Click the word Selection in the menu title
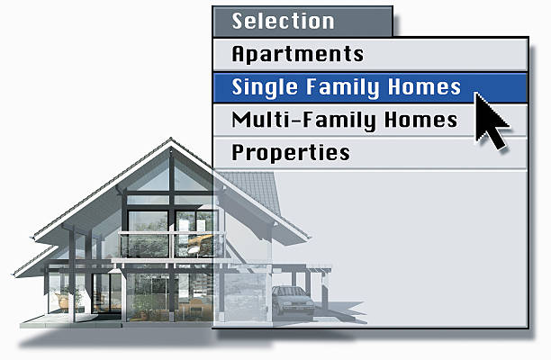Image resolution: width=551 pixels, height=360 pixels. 283,21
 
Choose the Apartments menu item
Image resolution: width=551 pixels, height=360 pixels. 297,54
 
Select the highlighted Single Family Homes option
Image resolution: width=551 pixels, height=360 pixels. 346,87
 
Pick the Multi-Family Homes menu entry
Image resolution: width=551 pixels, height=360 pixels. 344,120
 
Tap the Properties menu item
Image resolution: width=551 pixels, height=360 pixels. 290,153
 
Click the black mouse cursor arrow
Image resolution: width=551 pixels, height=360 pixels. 492,121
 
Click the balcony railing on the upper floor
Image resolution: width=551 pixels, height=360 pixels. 167,246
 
